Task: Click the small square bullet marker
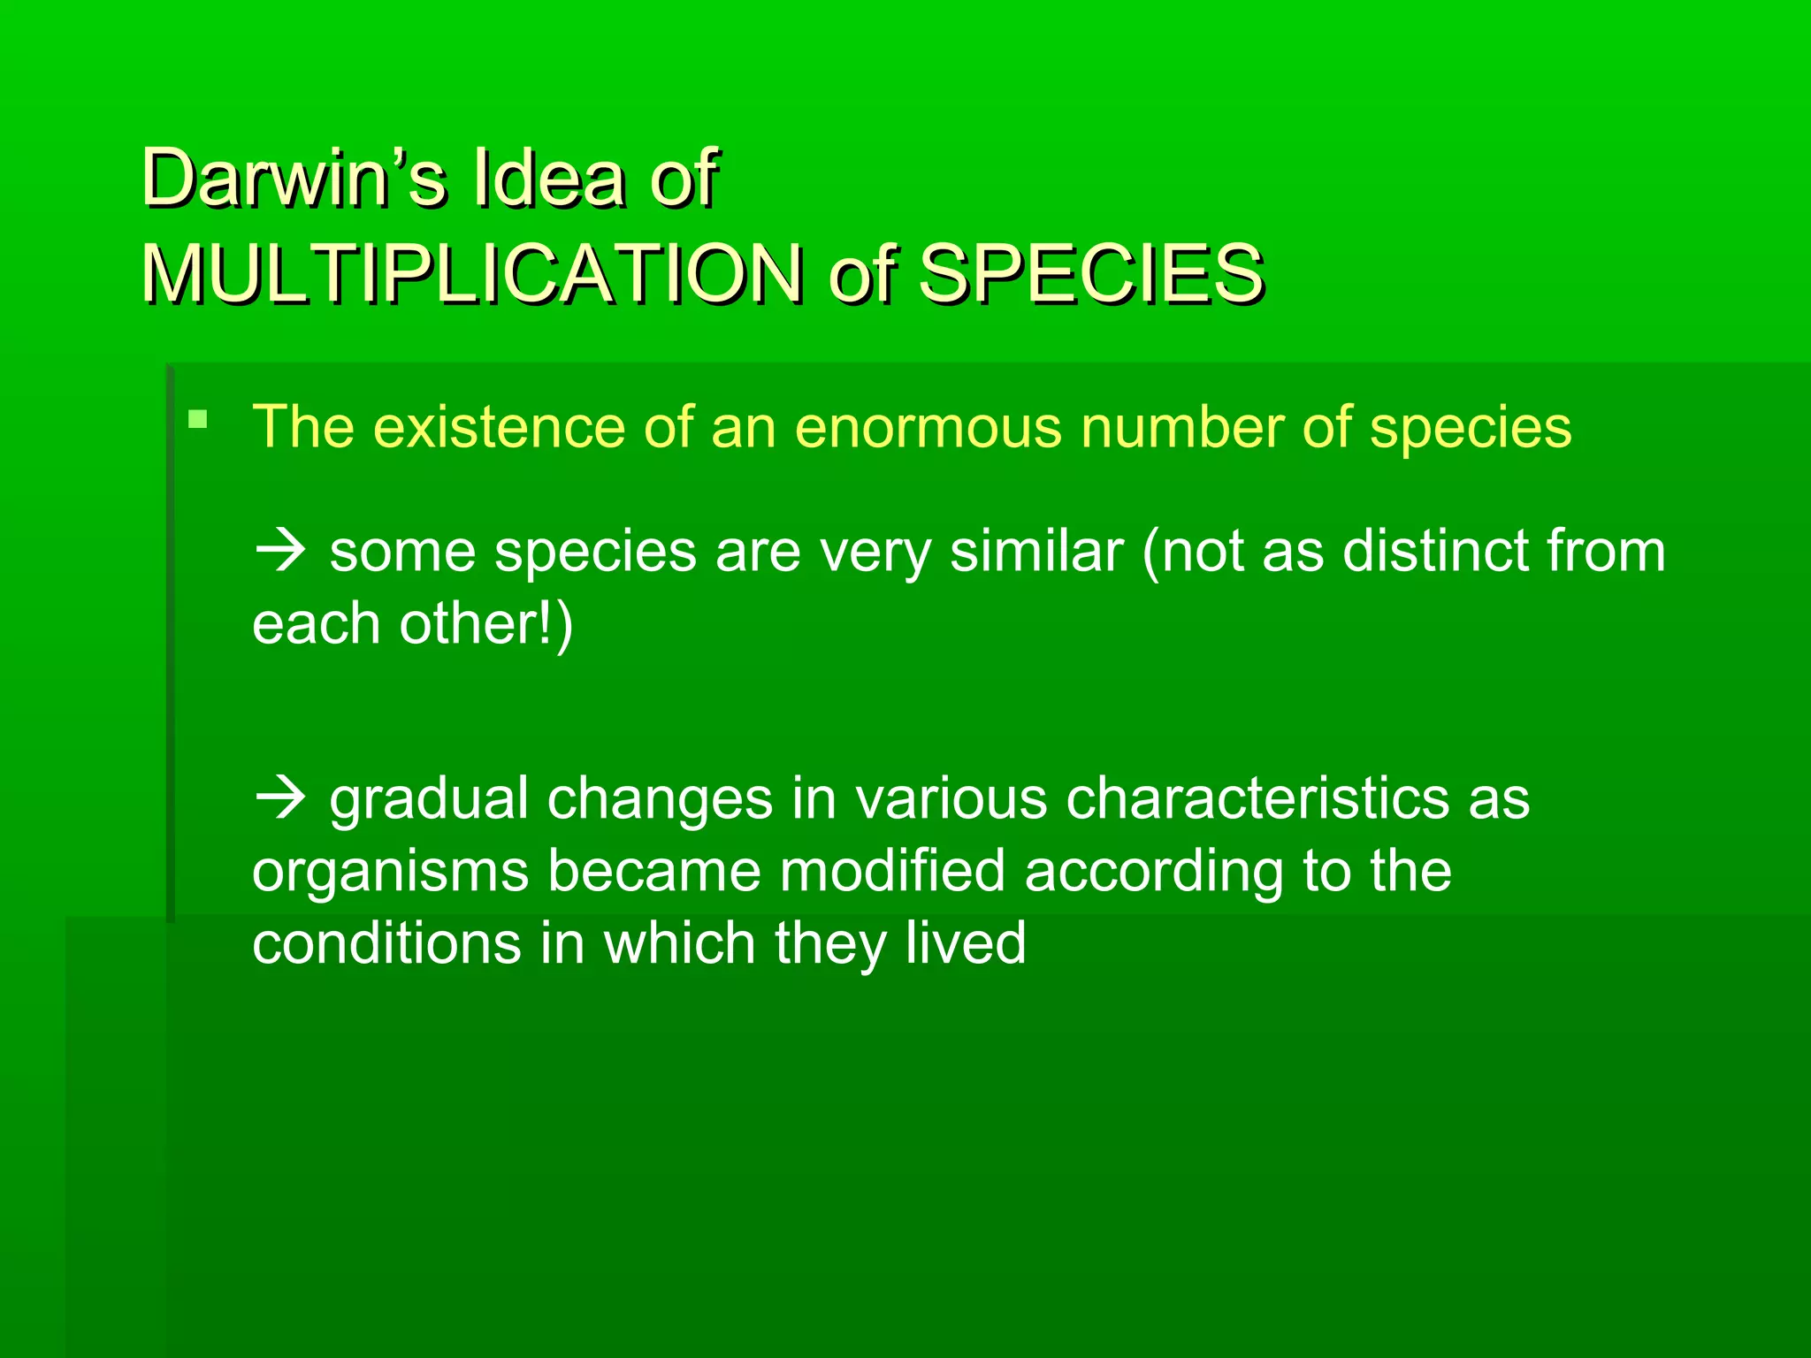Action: (198, 419)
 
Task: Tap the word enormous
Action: (928, 428)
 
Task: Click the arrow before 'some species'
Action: (280, 552)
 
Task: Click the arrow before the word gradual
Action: (280, 799)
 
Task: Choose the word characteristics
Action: (1257, 799)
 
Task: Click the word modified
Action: (892, 872)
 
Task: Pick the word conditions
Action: (386, 943)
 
